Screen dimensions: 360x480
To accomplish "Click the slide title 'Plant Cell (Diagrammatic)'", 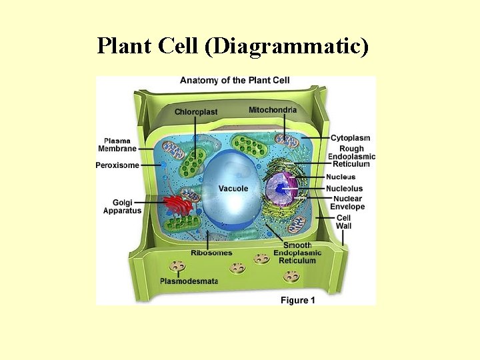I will click(232, 46).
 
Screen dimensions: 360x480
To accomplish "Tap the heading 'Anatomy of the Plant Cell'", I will click(235, 81).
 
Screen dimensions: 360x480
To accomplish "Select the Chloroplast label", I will click(196, 111).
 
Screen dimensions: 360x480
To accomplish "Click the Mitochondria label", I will click(273, 109).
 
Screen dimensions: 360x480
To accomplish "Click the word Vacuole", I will click(233, 189).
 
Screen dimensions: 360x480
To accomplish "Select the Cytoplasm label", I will click(350, 138).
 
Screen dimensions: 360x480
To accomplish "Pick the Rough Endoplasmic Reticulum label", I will click(351, 156).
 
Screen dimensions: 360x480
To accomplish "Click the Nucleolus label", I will click(345, 189).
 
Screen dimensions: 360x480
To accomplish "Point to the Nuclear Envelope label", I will click(347, 203).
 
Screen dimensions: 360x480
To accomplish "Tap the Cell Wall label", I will click(343, 221).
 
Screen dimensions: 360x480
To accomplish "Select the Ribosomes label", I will click(211, 253).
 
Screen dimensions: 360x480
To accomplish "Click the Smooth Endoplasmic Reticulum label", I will click(297, 253).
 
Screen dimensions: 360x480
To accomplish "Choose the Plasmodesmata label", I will click(189, 281).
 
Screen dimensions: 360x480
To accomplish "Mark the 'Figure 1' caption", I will click(298, 301).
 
